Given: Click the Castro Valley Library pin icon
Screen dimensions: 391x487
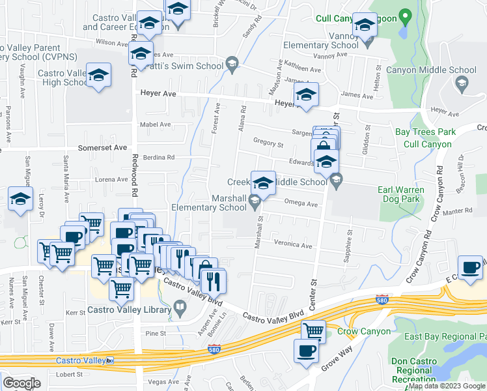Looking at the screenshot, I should click(180, 310).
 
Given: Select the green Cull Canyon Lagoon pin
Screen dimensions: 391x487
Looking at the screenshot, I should click(405, 16).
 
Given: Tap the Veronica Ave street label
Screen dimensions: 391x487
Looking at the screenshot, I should click(293, 245).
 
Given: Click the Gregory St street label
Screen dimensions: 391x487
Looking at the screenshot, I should click(268, 144).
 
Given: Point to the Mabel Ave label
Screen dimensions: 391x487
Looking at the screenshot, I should click(156, 124).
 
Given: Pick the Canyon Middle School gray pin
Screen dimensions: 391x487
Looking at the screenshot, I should click(462, 83).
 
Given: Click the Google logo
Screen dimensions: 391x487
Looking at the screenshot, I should click(21, 383).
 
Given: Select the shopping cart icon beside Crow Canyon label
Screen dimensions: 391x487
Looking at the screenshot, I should click(313, 330).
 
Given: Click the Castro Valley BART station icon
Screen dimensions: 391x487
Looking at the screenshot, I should click(111, 360).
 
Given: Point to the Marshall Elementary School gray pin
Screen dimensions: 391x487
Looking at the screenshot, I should click(255, 207).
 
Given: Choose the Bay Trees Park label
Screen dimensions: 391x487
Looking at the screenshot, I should click(425, 132).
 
